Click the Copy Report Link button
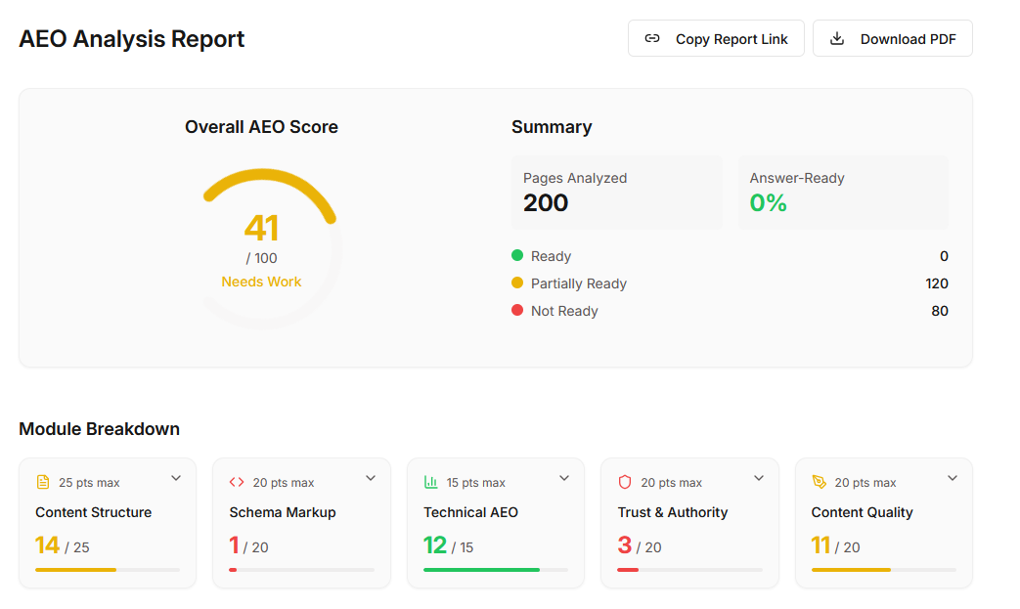[716, 38]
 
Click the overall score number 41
[261, 228]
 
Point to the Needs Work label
[261, 282]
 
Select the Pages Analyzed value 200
[546, 202]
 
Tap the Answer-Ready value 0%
[769, 202]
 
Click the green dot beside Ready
[517, 255]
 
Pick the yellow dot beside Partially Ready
[517, 283]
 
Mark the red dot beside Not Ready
[517, 310]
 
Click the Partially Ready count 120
[937, 283]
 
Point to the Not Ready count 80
[940, 311]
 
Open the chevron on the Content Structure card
[176, 478]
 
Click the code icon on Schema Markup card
[237, 482]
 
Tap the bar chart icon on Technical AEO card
[430, 482]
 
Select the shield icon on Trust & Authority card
[625, 482]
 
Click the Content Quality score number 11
[820, 545]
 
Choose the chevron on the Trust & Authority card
[759, 478]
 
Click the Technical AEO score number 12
[435, 545]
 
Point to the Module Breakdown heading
[100, 429]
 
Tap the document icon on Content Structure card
[43, 482]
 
